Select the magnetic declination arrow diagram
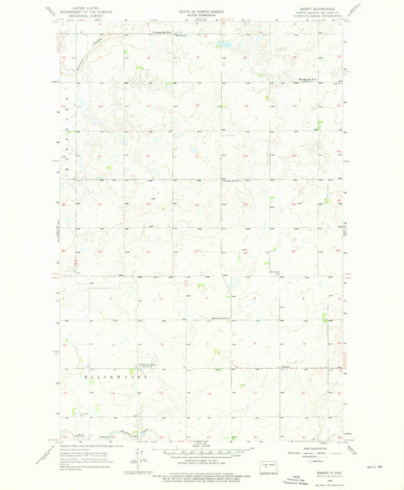(x=135, y=460)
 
